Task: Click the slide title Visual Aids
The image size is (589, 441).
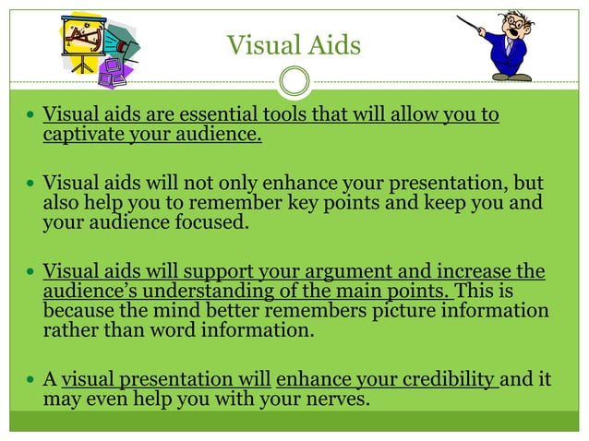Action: pyautogui.click(x=294, y=45)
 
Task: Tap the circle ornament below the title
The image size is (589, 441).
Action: pyautogui.click(x=294, y=82)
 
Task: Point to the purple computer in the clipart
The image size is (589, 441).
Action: pyautogui.click(x=113, y=73)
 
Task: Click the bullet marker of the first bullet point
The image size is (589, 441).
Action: pyautogui.click(x=30, y=117)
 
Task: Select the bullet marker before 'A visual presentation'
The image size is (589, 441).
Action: pyautogui.click(x=30, y=379)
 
